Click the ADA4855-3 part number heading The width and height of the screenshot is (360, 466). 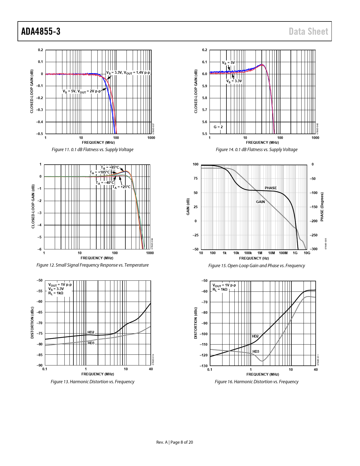41,31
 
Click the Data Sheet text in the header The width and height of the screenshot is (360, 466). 308,31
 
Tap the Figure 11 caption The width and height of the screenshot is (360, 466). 93,149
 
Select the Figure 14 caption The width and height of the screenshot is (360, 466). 257,149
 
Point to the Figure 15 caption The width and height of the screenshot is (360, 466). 257,265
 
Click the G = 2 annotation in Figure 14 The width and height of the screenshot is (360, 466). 218,127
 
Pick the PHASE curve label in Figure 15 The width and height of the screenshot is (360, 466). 270,188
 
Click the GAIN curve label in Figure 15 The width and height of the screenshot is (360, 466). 260,202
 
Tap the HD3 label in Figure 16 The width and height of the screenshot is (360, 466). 256,352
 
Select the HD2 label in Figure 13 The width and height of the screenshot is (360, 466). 91,332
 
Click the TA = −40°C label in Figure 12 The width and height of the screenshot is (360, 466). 105,183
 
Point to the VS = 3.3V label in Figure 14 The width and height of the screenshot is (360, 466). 234,81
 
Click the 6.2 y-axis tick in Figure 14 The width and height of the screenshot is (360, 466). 204,50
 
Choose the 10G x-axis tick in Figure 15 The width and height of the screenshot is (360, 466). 307,253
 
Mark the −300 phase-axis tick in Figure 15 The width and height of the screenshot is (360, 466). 313,249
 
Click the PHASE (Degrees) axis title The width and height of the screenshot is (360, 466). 322,207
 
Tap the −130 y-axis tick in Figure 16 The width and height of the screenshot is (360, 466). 204,366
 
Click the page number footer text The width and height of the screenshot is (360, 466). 174,442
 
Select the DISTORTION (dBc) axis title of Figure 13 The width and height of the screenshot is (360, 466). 32,323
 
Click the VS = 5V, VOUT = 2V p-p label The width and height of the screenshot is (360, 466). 82,91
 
